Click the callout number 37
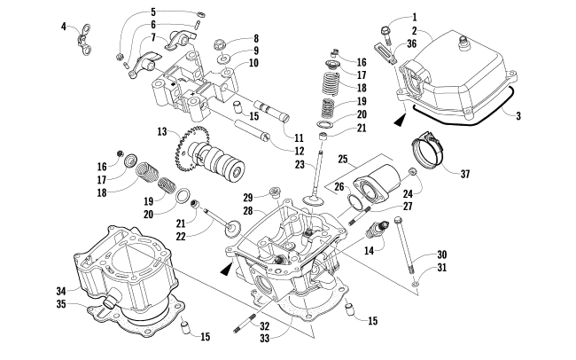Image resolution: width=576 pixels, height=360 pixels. [x=465, y=174]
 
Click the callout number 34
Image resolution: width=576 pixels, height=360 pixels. [x=61, y=292]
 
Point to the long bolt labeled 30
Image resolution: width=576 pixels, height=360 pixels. [x=404, y=244]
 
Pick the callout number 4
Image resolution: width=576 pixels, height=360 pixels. [x=64, y=27]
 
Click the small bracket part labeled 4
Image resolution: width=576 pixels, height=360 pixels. [x=84, y=40]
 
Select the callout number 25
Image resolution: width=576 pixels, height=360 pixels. [x=342, y=160]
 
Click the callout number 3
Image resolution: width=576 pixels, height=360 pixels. [x=518, y=116]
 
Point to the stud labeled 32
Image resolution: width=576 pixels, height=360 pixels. [x=245, y=324]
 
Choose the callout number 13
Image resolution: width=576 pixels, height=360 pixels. [x=162, y=131]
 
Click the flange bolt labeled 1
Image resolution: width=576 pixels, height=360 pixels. [x=386, y=34]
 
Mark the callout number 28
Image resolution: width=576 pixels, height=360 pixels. [x=248, y=210]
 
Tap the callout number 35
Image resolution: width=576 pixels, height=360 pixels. [x=61, y=304]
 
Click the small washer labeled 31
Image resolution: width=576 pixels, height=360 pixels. [x=415, y=284]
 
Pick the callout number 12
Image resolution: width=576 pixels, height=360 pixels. [x=299, y=151]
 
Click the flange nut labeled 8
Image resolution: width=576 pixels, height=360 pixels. [x=219, y=46]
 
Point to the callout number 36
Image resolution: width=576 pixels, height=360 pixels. [x=412, y=43]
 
